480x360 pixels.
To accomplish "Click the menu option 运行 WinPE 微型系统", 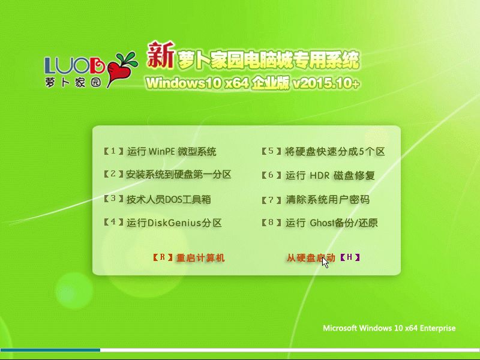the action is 172,152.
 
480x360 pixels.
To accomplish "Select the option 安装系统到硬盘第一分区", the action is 178,175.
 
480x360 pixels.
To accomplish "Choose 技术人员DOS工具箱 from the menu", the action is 169,199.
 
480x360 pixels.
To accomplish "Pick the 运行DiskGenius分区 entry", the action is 174,223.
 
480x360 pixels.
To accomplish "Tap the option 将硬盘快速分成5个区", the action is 335,152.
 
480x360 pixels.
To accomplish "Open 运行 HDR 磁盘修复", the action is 331,175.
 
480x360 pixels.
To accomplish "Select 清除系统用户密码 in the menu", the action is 328,200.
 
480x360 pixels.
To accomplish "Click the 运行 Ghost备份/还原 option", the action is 332,223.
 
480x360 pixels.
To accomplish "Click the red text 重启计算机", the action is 200,258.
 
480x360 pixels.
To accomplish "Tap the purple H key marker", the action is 350,257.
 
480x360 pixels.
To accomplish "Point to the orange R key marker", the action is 163,257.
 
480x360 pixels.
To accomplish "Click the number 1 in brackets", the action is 113,151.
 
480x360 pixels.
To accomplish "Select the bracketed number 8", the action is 271,222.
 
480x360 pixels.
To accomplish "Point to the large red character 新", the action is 160,55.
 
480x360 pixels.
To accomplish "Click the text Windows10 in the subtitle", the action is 184,83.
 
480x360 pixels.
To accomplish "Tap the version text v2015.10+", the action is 326,83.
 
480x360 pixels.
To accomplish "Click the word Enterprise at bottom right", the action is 437,328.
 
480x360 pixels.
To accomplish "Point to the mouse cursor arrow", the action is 325,263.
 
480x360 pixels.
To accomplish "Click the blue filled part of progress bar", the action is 50,350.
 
